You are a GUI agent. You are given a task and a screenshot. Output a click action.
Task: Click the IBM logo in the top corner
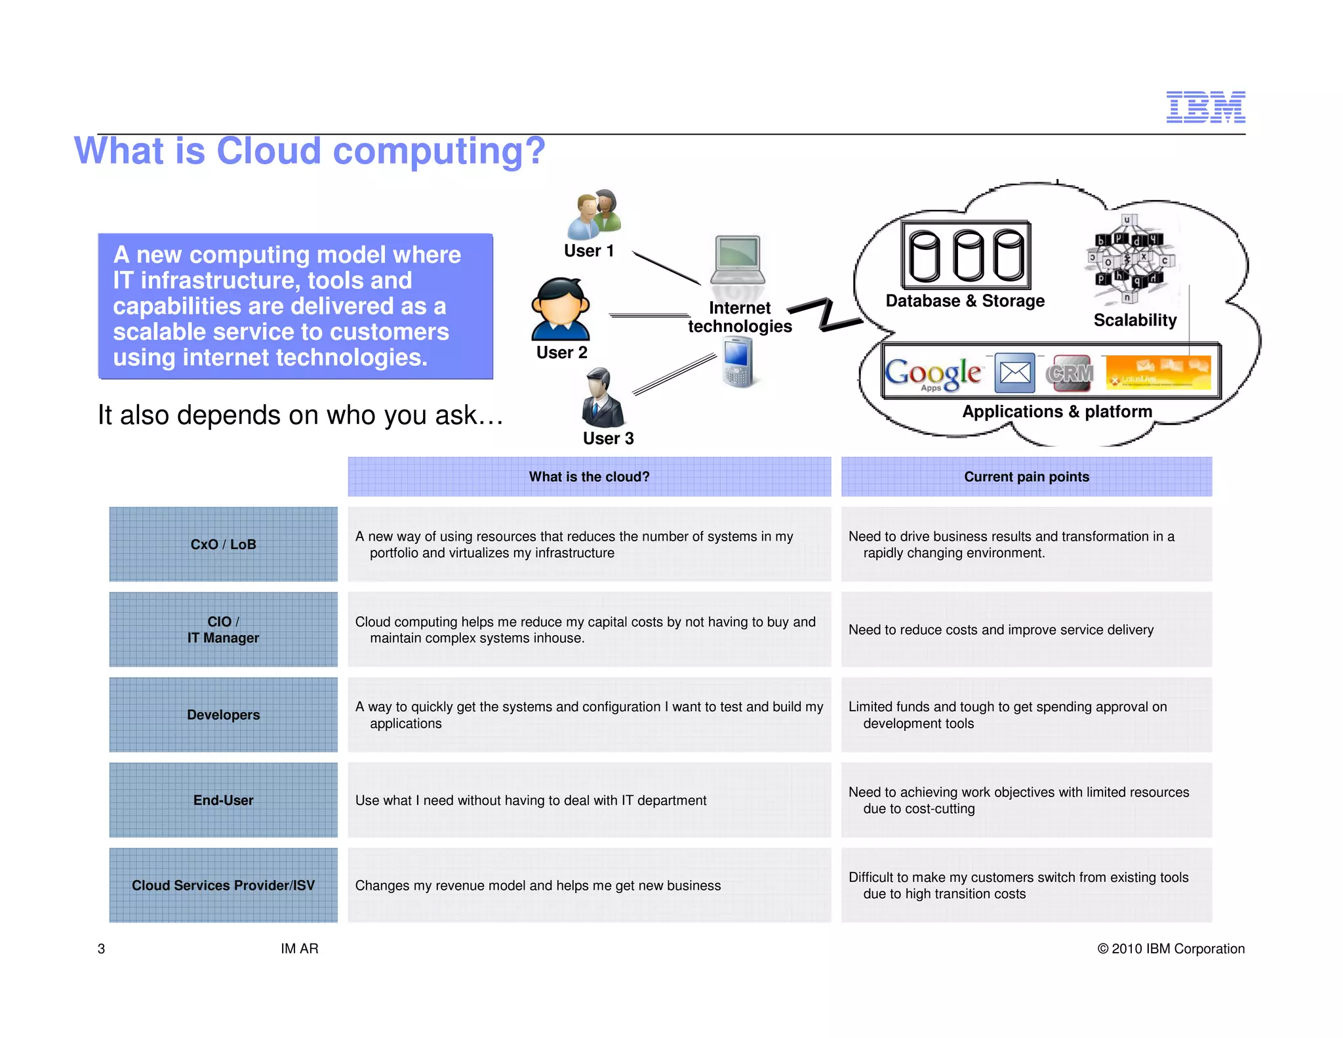[x=1205, y=107]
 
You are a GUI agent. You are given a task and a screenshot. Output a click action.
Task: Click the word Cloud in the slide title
[x=268, y=151]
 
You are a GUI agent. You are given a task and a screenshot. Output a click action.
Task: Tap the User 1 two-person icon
[x=593, y=215]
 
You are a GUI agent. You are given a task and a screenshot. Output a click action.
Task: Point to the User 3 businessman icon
[x=602, y=398]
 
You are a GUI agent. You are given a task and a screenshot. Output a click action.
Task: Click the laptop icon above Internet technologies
[x=738, y=262]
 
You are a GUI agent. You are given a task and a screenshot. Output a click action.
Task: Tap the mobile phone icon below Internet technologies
[x=738, y=362]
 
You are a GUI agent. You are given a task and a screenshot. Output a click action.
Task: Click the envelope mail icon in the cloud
[x=1014, y=373]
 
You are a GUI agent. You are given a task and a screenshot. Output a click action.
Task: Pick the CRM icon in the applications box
[x=1070, y=373]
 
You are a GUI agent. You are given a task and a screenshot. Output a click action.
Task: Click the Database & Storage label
[x=965, y=301]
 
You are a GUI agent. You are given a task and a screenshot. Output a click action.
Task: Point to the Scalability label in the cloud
[x=1134, y=320]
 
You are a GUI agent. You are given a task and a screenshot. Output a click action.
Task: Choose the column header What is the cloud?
[x=589, y=477]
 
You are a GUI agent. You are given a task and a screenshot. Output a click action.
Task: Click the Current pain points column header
[x=1026, y=477]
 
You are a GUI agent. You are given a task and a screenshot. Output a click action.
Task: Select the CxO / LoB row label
[x=223, y=545]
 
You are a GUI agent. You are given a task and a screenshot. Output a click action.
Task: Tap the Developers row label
[x=223, y=715]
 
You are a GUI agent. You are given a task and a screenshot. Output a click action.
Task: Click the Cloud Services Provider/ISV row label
[x=223, y=886]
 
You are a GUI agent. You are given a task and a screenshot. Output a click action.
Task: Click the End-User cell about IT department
[x=531, y=800]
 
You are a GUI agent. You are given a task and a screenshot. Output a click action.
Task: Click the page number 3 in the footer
[x=101, y=949]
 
